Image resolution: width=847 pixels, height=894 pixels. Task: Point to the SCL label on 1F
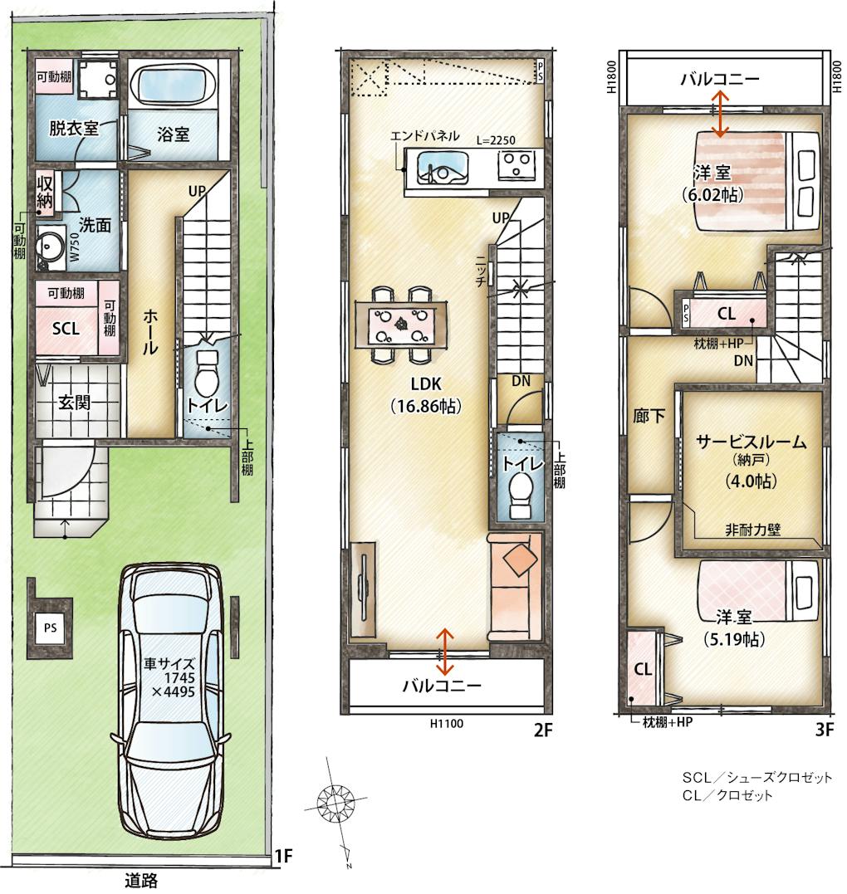[x=66, y=329]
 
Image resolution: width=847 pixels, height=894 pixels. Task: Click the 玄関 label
[x=74, y=402]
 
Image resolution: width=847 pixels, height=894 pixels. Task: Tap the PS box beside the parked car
[x=50, y=628]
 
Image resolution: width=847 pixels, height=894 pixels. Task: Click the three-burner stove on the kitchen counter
[x=517, y=165]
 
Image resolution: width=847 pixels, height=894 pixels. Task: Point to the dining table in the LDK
[x=402, y=325]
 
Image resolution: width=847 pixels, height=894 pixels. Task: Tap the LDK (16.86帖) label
[x=426, y=394]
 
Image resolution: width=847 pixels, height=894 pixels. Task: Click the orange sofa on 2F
[x=515, y=586]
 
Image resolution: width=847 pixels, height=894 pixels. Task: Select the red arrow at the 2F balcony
[x=445, y=652]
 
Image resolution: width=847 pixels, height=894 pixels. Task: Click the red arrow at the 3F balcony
[x=721, y=115]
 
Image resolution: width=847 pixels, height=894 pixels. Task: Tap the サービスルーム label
[x=752, y=442]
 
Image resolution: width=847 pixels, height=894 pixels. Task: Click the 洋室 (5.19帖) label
[x=734, y=628]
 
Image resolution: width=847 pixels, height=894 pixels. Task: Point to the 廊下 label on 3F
[x=649, y=416]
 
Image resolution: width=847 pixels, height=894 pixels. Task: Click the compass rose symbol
[x=335, y=802]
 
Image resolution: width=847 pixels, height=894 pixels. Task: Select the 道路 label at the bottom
[x=141, y=881]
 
